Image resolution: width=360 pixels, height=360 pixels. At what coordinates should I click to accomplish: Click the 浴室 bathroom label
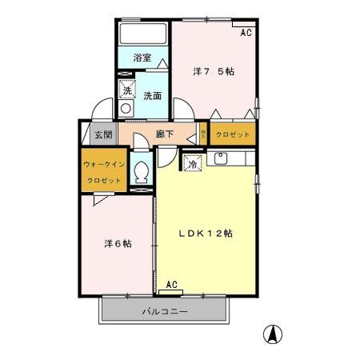(x=142, y=57)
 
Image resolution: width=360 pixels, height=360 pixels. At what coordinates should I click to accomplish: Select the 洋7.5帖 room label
(x=214, y=71)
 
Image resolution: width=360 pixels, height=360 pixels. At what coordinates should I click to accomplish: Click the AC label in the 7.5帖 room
(x=246, y=33)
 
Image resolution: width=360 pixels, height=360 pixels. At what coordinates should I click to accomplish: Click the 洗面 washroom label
(x=152, y=95)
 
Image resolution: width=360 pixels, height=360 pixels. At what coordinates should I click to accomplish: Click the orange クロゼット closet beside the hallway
(x=234, y=134)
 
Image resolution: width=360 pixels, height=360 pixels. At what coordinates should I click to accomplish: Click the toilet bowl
(x=142, y=172)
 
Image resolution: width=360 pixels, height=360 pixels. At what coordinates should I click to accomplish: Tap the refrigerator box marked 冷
(x=192, y=163)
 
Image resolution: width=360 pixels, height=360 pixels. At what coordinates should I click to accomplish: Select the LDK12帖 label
(x=205, y=234)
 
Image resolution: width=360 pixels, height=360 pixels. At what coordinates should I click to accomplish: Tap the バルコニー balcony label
(x=165, y=310)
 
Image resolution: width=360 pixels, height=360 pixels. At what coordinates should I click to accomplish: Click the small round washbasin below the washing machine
(x=126, y=109)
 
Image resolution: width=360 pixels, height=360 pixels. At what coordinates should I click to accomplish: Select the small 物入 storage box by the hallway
(x=204, y=134)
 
